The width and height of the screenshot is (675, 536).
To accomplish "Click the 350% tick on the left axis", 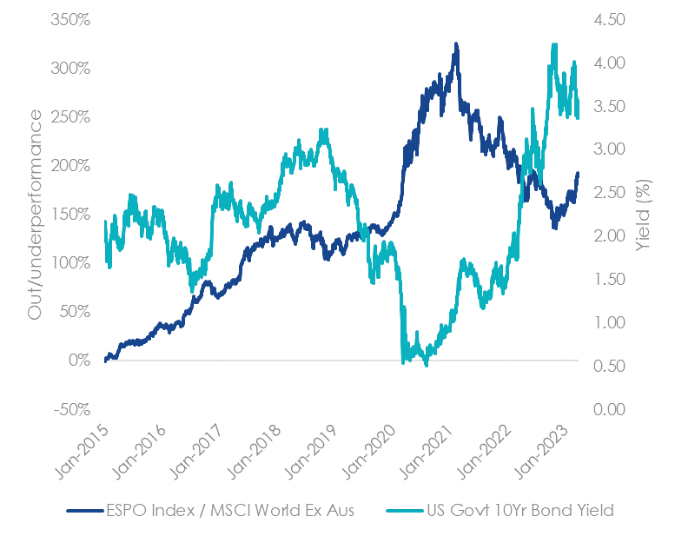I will [69, 19].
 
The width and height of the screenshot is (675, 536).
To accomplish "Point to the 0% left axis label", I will [79, 360].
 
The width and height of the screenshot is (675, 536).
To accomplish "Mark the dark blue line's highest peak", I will [455, 43].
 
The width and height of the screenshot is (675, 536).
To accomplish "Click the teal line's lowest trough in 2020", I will [426, 366].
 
